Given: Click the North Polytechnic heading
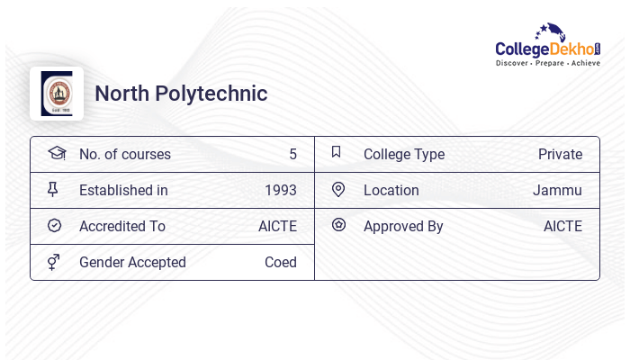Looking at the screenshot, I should (181, 94).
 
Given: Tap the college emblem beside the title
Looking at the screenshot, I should (57, 94).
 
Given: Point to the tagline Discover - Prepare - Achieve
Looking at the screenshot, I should (547, 63).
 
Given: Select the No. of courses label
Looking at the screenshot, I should (125, 154).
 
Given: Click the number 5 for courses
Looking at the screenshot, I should (292, 154).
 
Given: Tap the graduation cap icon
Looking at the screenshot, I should (56, 153).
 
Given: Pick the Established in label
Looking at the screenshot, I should (123, 190).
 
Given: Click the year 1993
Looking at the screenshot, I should (281, 190).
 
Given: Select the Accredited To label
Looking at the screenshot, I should (122, 226).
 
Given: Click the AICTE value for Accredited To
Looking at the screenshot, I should (277, 226).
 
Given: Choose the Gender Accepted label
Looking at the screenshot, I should (132, 262).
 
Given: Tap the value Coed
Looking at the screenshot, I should (281, 262).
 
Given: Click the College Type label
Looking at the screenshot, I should (404, 154).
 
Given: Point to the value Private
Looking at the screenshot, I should (560, 154).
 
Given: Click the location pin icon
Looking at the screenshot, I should (338, 189).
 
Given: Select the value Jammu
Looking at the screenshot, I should (557, 190).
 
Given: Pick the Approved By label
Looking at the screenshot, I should (403, 226).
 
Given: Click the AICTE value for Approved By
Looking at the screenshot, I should (562, 226).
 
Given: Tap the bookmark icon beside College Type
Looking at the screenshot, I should (336, 152).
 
